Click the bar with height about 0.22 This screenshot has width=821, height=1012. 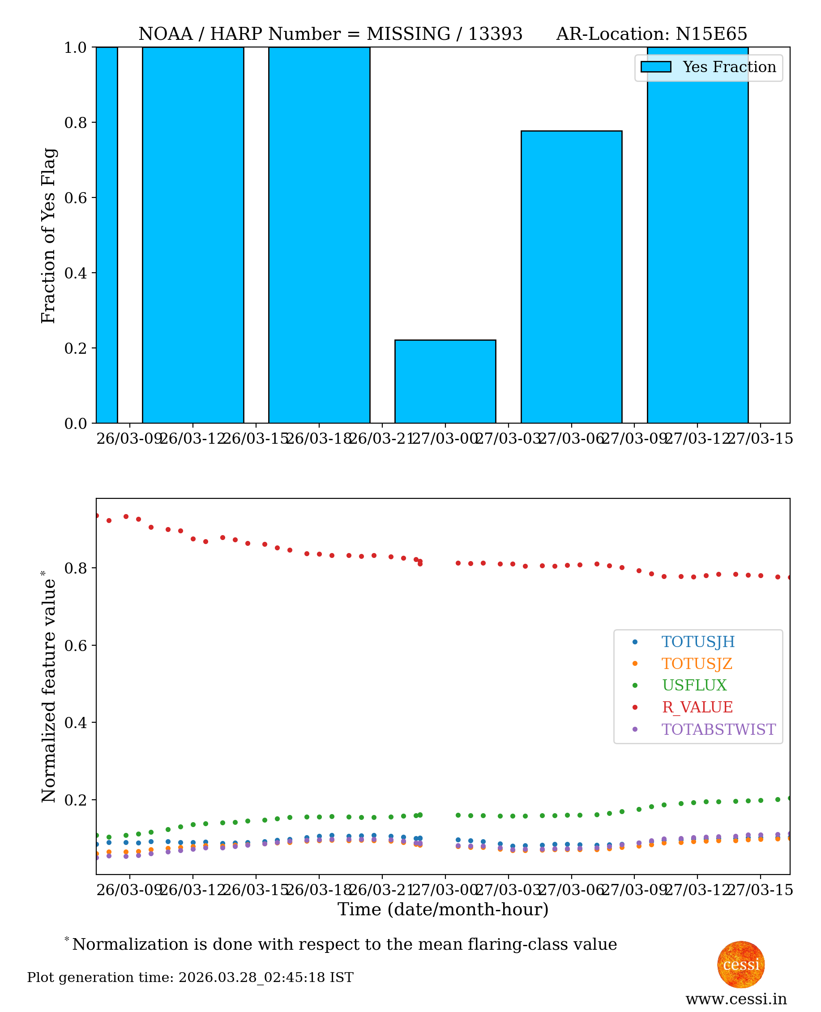click(x=445, y=382)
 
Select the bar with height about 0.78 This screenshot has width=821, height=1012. click(x=571, y=277)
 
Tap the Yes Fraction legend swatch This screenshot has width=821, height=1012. click(x=655, y=67)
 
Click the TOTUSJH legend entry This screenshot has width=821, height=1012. click(x=697, y=642)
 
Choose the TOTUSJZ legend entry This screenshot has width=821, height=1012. click(x=696, y=664)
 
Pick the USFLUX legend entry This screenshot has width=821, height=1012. click(x=694, y=686)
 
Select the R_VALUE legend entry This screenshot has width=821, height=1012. click(x=697, y=708)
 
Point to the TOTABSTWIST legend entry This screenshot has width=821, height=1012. click(x=718, y=729)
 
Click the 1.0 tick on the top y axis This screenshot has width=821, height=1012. click(x=76, y=48)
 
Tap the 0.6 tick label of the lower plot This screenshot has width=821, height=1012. click(x=76, y=646)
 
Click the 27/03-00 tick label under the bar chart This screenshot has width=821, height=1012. click(x=445, y=439)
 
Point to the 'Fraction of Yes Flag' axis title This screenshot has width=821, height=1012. click(x=48, y=236)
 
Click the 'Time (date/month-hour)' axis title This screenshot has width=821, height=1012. click(x=443, y=909)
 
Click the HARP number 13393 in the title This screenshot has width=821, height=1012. click(x=495, y=34)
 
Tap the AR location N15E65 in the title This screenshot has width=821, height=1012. click(x=711, y=34)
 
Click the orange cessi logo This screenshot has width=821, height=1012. click(x=740, y=965)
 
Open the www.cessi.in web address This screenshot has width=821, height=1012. click(x=736, y=999)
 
